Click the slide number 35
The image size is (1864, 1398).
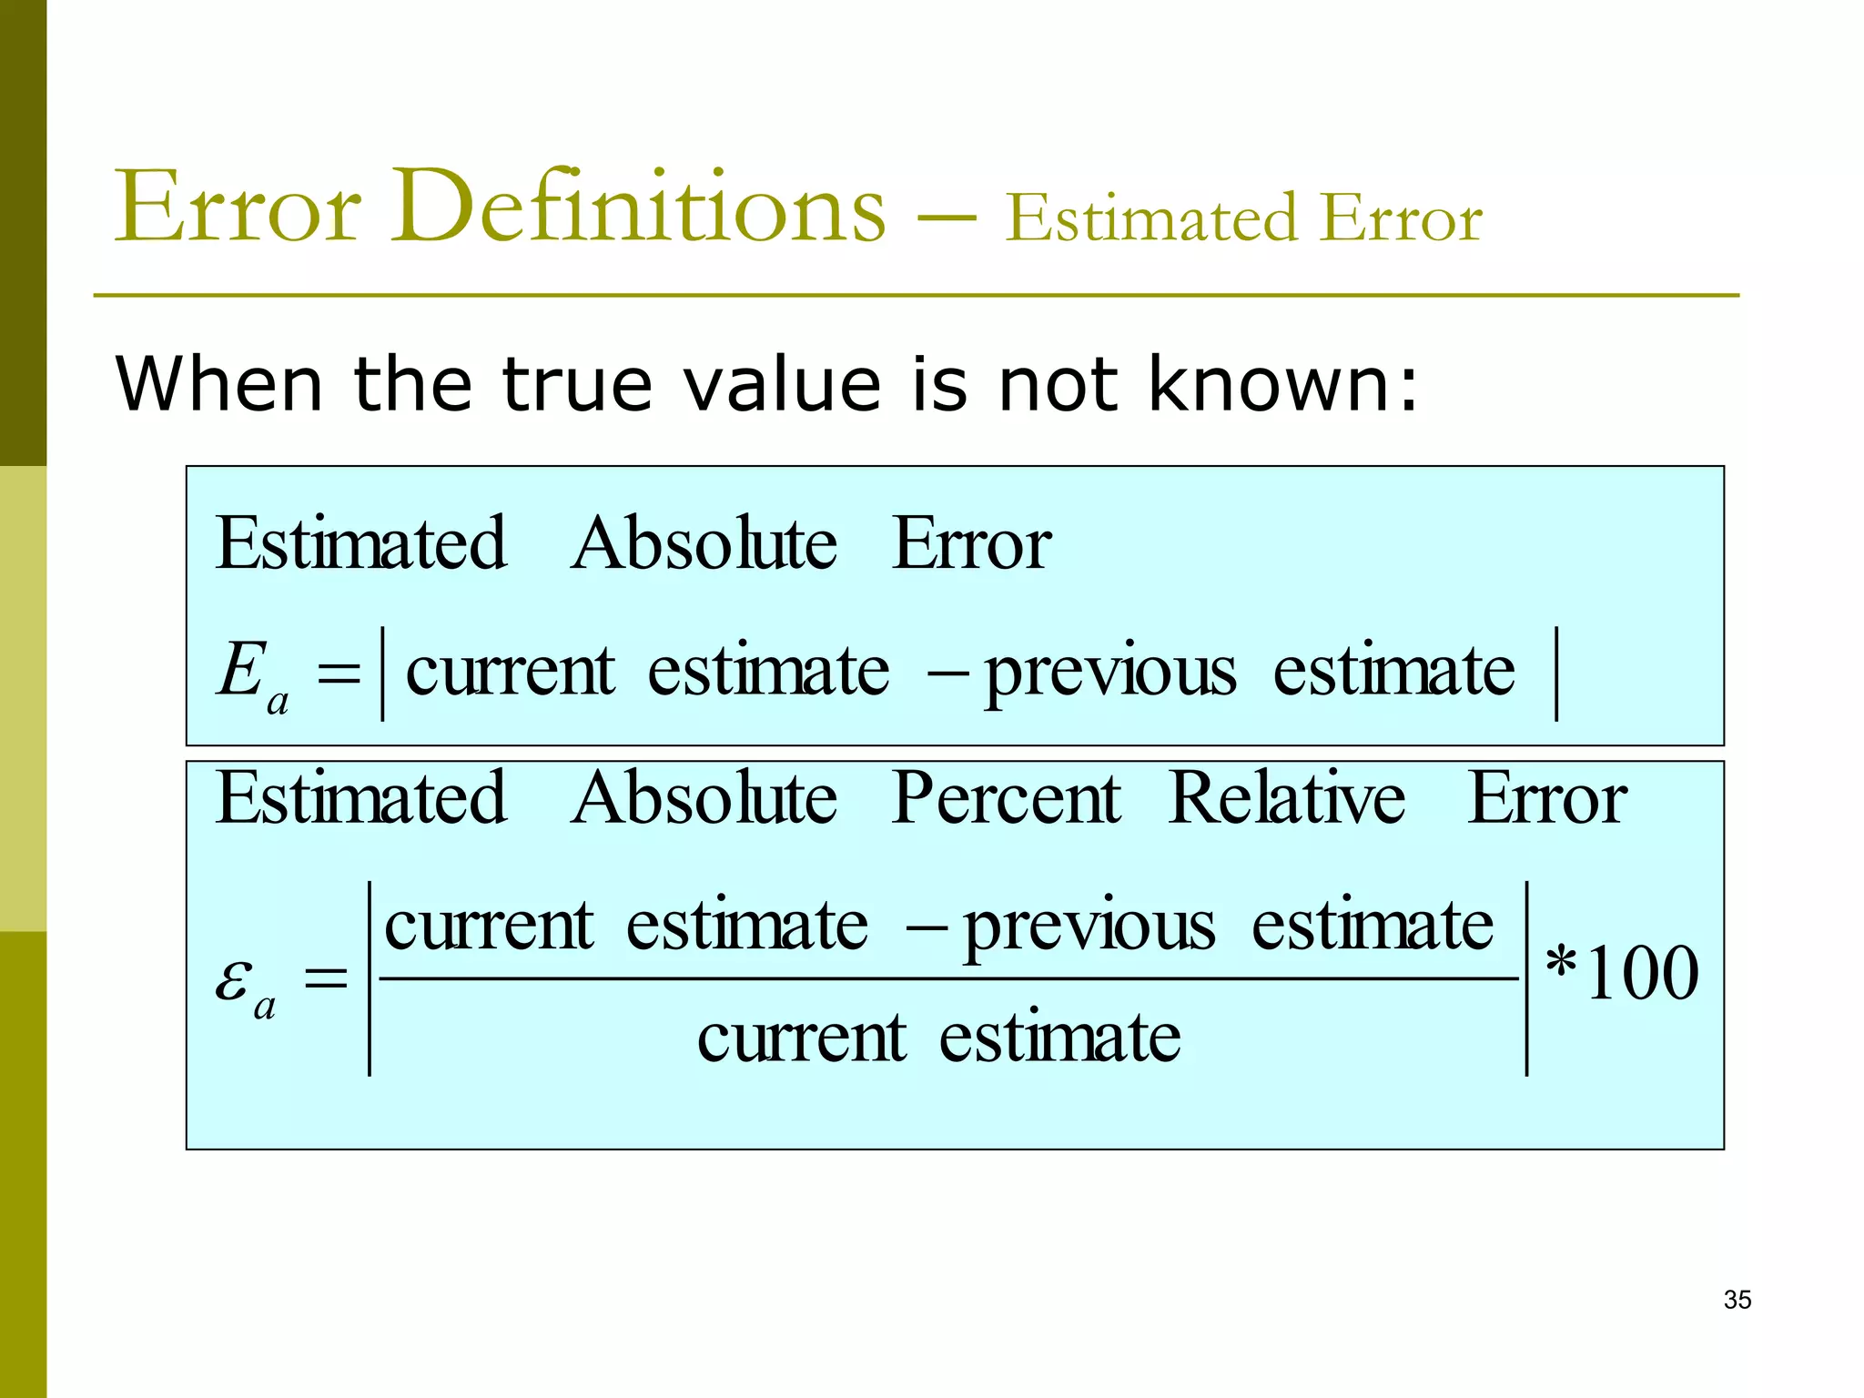(x=1737, y=1300)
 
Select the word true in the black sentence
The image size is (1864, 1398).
(x=576, y=383)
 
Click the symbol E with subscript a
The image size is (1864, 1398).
(x=251, y=674)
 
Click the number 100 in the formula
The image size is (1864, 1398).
(x=1642, y=974)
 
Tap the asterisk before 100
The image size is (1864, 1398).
(x=1562, y=963)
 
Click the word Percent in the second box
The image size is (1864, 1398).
(x=1006, y=798)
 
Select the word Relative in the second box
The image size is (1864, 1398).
(x=1286, y=798)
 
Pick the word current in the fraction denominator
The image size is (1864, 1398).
(x=801, y=1038)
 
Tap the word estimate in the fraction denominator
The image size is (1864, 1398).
(x=1059, y=1038)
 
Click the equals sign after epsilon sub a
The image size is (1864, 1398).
(x=326, y=979)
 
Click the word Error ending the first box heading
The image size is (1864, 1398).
(x=971, y=543)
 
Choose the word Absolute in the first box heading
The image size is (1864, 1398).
(x=704, y=543)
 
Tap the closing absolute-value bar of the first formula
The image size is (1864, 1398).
(x=1557, y=674)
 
